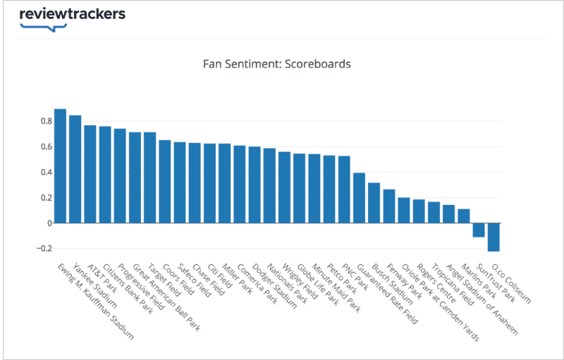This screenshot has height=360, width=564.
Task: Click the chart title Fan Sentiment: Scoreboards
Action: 276,64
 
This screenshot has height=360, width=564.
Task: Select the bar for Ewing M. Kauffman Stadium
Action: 60,166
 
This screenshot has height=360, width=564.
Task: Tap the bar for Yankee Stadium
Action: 75,169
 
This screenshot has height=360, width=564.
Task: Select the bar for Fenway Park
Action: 389,206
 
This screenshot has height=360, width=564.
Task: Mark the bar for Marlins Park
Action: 464,216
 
